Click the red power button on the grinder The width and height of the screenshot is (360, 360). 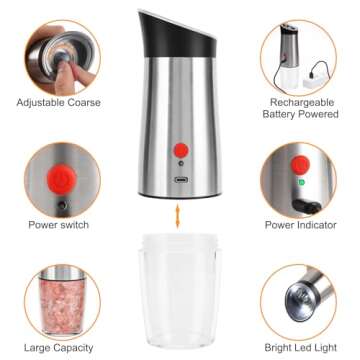click(x=181, y=150)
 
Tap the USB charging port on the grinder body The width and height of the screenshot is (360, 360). click(x=180, y=181)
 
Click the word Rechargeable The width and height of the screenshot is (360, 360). click(x=301, y=102)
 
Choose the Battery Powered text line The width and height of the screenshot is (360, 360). click(x=301, y=115)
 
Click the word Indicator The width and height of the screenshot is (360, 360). click(x=319, y=225)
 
